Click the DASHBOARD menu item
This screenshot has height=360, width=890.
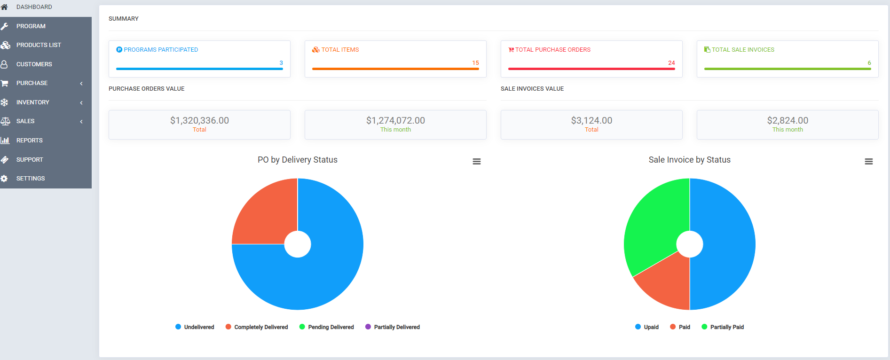coord(34,7)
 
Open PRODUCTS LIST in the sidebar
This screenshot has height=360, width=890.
coord(39,45)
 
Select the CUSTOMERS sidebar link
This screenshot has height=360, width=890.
coord(34,64)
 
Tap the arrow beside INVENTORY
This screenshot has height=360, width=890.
coord(81,102)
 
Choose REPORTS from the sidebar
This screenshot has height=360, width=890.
coord(29,141)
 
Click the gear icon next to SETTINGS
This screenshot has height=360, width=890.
coord(4,179)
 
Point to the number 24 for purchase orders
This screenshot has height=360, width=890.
coord(671,63)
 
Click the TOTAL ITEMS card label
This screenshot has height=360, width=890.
coord(340,50)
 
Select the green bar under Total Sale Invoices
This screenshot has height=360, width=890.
coord(787,69)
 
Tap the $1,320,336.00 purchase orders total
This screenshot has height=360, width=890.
coord(199,120)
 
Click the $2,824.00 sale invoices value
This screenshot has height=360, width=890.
coord(788,120)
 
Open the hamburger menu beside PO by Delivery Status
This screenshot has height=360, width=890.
coord(476,162)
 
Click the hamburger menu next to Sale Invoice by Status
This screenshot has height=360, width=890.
coord(868,162)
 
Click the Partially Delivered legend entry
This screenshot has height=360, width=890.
coord(396,327)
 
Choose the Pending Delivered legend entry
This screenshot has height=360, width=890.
coord(331,327)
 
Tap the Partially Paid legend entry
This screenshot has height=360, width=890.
coord(726,327)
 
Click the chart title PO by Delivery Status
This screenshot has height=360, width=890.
coord(297,160)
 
